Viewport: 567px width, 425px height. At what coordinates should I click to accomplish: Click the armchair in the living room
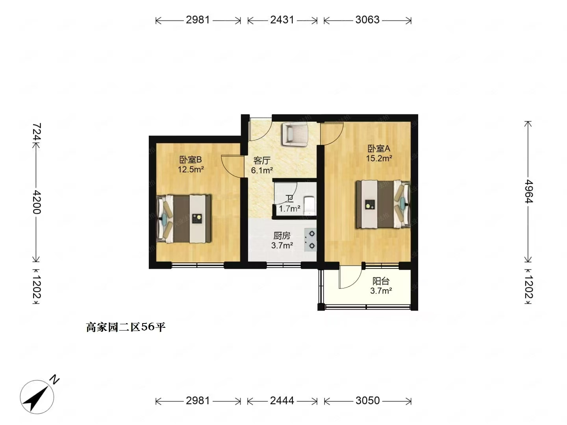coord(295,134)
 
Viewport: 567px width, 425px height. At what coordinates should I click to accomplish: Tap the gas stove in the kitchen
coord(310,240)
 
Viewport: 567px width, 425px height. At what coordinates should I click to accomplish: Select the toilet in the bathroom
coord(309,206)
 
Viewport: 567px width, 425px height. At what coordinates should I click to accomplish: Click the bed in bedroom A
coord(383,204)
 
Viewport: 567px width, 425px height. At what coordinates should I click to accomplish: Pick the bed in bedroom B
coord(184,219)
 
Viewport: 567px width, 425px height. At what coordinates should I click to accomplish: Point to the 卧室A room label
coord(378,149)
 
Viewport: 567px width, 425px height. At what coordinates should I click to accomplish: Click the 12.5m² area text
coord(191,170)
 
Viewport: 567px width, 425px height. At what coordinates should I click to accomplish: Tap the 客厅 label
coord(262,161)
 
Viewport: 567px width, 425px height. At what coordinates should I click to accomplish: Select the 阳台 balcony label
coord(381,281)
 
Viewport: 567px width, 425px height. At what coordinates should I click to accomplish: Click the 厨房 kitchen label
coord(282,235)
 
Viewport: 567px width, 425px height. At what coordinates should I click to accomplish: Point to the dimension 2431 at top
coord(282,20)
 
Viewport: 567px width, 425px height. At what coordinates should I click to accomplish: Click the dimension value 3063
coord(367,20)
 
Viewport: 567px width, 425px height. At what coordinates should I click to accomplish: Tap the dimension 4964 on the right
coord(528,191)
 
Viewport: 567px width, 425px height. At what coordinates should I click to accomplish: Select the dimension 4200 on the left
coord(37,202)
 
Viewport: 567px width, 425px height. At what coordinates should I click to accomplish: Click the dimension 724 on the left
coord(37,132)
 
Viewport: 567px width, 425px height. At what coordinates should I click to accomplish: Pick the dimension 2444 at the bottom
coord(282,401)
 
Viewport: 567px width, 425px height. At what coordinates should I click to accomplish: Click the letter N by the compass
coord(54,380)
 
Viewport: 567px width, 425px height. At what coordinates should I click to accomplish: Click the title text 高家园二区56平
coord(126,327)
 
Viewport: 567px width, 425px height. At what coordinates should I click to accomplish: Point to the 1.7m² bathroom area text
coord(289,209)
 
